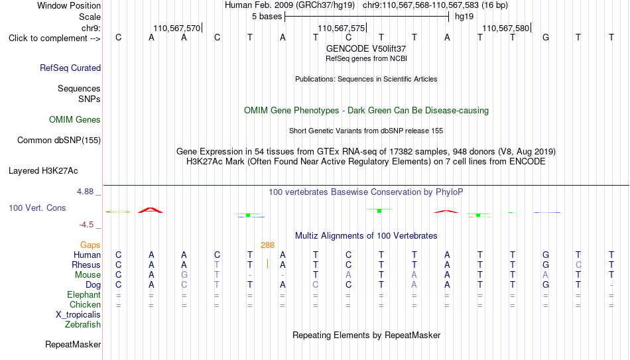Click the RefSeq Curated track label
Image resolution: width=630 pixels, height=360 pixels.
[x=70, y=68]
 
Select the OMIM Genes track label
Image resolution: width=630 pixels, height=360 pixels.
[x=75, y=120]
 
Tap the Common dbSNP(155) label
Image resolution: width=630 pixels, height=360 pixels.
[x=59, y=141]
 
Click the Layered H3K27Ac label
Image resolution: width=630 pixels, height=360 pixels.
[x=43, y=171]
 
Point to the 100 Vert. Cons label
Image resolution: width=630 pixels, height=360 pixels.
[x=37, y=208]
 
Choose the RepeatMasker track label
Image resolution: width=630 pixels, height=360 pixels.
[x=73, y=344]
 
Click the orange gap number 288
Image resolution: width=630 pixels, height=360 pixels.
[x=268, y=245]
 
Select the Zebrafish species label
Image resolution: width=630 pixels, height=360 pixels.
[x=83, y=324]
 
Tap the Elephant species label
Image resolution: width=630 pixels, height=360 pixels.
[x=84, y=294]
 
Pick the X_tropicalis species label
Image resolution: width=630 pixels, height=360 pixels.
[x=78, y=315]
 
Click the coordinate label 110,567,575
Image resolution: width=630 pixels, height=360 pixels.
[x=342, y=28]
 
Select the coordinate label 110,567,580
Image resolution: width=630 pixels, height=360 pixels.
[x=506, y=28]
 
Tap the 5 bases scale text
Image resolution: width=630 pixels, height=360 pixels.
[x=267, y=17]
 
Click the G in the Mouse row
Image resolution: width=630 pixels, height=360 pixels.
[x=184, y=275]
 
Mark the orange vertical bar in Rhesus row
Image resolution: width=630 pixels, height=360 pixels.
[x=268, y=264]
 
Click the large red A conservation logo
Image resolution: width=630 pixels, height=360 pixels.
[x=151, y=210]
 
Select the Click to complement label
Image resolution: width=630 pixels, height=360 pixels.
[x=54, y=38]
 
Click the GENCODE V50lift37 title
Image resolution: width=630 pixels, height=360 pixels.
[x=366, y=48]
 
